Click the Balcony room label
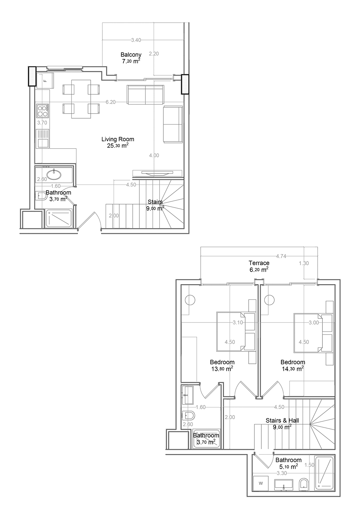(x=131, y=55)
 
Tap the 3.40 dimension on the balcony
(x=136, y=40)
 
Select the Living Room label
(x=118, y=139)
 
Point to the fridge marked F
(x=45, y=80)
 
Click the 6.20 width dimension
(x=110, y=102)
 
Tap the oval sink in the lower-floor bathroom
(x=54, y=175)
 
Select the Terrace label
(x=259, y=263)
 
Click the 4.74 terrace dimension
(x=281, y=256)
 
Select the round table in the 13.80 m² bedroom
(x=190, y=300)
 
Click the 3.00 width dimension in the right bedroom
(x=314, y=323)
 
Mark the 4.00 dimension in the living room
(x=154, y=156)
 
